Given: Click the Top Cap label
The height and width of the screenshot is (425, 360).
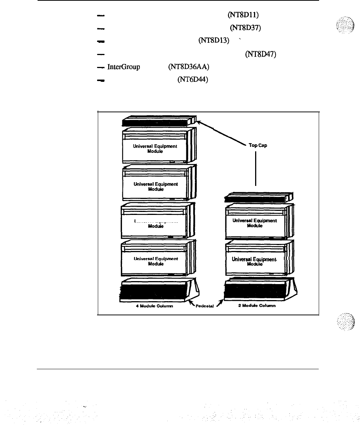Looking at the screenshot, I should [x=258, y=145].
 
